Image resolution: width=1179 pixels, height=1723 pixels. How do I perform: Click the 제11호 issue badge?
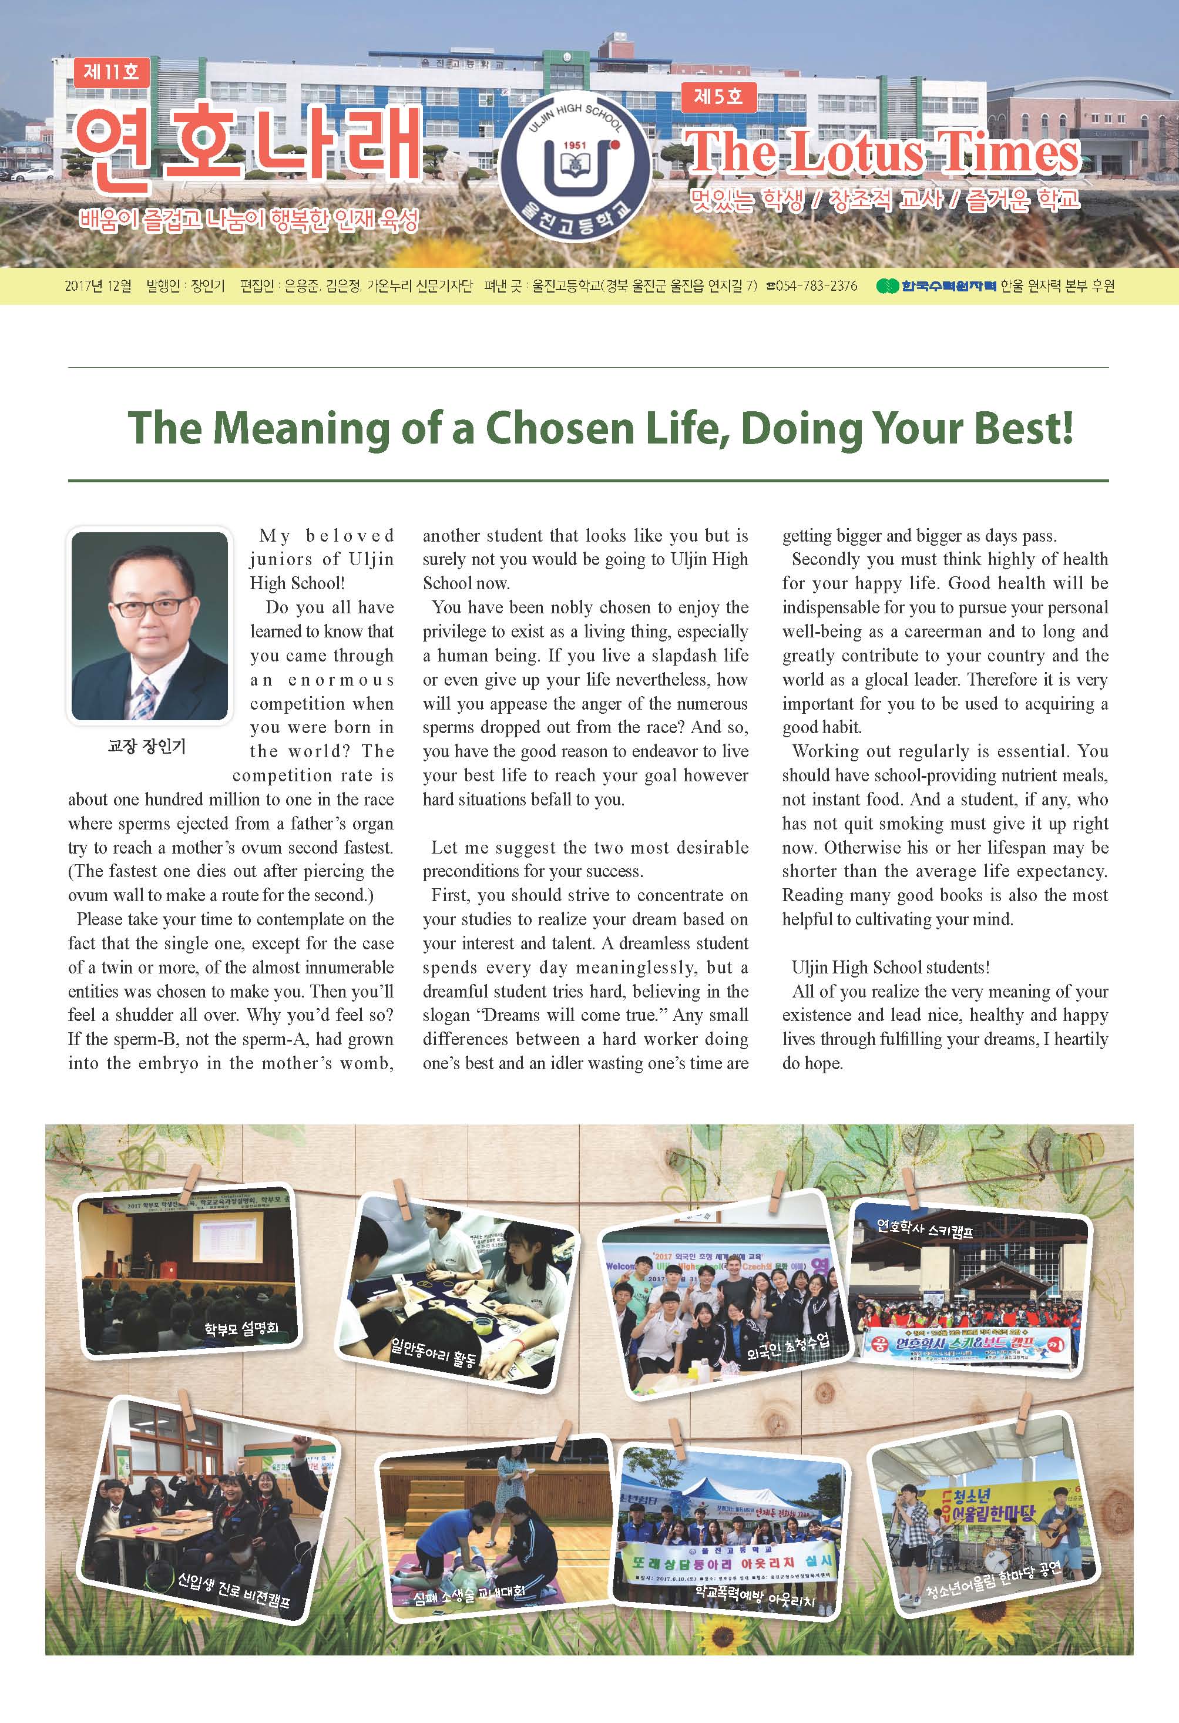point(111,72)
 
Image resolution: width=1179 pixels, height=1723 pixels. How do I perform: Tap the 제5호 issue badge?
point(718,96)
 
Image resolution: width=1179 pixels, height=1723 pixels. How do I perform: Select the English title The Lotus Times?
point(882,153)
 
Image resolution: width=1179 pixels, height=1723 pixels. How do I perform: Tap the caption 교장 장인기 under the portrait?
point(147,746)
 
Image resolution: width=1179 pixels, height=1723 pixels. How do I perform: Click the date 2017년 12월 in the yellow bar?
point(98,286)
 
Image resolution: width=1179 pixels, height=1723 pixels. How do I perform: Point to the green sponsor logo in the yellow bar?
point(887,286)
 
